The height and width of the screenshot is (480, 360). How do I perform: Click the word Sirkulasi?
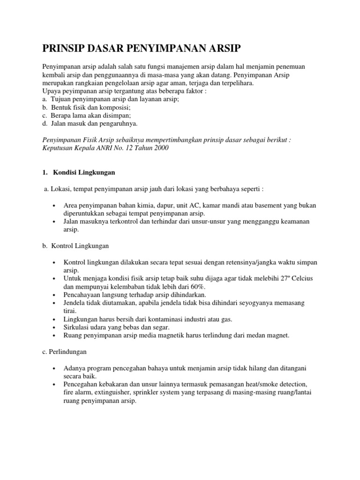(x=76, y=327)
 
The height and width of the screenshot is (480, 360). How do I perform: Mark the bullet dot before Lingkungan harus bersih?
(x=55, y=320)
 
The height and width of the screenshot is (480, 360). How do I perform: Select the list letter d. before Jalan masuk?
(x=45, y=124)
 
